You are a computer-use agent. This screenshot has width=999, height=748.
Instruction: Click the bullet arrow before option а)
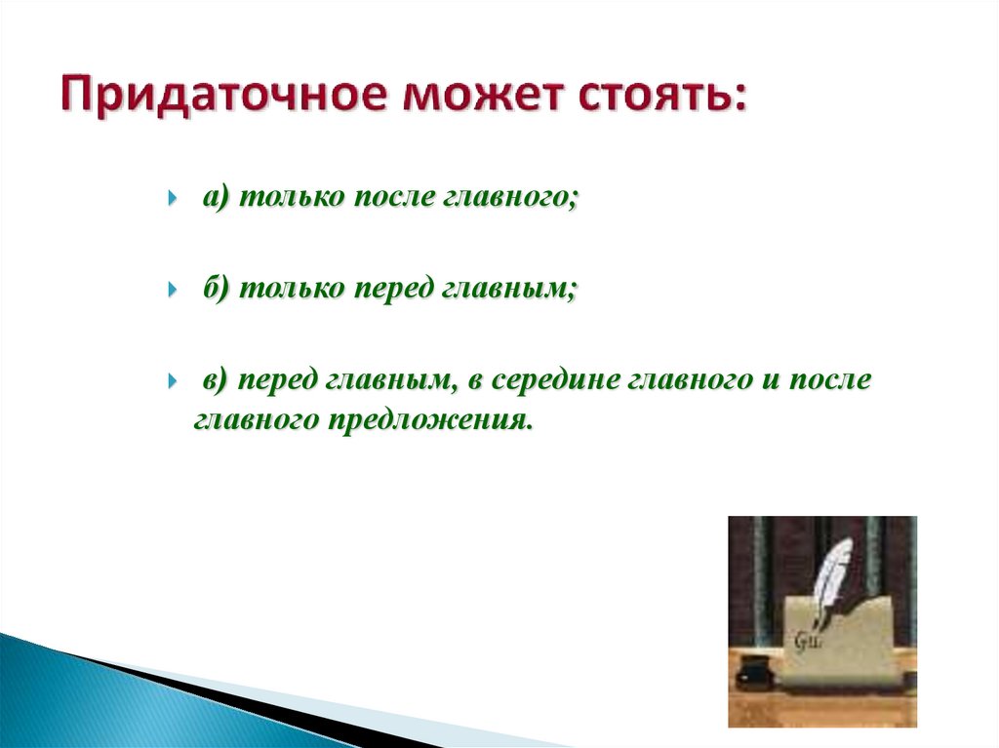point(172,198)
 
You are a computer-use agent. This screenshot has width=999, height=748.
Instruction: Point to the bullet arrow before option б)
point(172,290)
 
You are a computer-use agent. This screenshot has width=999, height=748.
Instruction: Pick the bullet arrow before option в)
point(172,381)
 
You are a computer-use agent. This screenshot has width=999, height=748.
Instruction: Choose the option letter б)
point(216,289)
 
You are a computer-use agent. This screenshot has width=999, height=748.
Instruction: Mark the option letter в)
point(216,380)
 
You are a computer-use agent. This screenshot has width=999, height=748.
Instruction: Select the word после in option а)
point(393,197)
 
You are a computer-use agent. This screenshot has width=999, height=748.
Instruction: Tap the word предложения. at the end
point(430,421)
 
